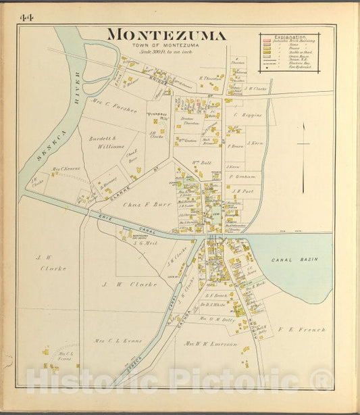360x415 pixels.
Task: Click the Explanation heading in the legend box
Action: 289,36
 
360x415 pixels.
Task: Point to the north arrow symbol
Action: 304,143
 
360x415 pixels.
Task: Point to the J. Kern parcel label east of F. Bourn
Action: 255,143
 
